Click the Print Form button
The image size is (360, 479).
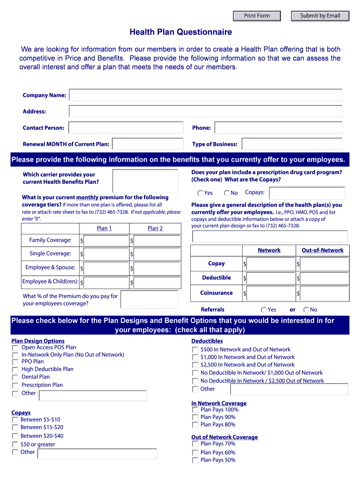[257, 16]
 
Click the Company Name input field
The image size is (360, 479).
[205, 95]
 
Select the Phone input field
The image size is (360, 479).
[279, 128]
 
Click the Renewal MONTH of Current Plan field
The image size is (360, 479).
[148, 144]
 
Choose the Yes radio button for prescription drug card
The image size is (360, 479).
[200, 193]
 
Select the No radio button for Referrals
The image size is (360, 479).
[306, 310]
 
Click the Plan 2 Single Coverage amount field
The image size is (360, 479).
[157, 254]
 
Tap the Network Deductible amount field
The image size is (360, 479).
[270, 278]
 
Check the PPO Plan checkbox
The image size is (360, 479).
[15, 362]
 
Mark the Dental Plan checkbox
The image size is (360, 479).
[15, 377]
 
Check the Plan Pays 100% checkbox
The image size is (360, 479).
[195, 410]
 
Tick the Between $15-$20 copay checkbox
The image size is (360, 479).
[15, 428]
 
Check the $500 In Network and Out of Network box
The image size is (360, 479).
[195, 350]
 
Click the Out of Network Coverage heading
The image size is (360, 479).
[224, 437]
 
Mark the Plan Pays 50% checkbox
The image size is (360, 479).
[195, 460]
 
